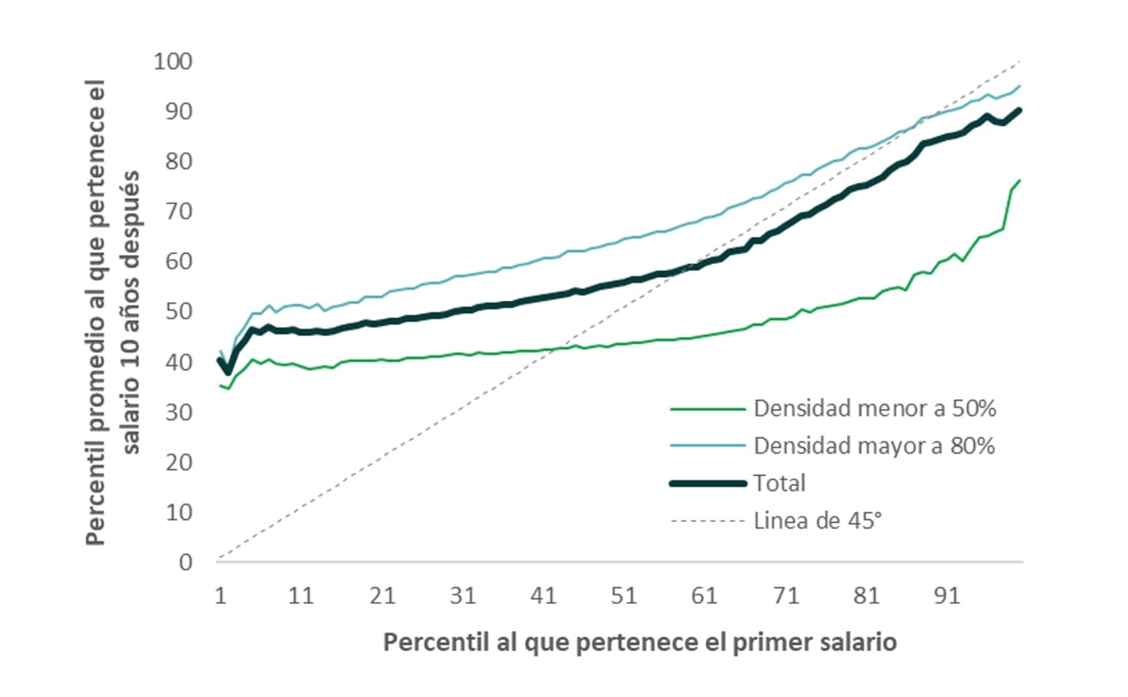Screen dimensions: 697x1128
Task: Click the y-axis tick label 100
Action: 173,61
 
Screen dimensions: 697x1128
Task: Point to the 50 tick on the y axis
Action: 178,312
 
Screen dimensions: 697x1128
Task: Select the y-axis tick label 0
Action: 186,563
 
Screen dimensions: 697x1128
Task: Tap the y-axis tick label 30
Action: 178,412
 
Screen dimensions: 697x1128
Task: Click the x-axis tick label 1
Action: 220,596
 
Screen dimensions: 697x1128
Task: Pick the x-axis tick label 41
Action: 543,596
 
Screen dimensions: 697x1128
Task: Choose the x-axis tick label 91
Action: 947,596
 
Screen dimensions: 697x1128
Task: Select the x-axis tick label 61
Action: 704,596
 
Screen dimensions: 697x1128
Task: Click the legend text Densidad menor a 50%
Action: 875,408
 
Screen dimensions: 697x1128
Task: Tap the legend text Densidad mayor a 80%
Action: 874,446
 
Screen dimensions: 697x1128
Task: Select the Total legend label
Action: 780,484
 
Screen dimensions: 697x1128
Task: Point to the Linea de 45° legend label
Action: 818,521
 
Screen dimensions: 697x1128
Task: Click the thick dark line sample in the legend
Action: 708,484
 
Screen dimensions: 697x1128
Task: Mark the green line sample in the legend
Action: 708,409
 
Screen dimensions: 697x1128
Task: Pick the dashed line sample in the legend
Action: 708,521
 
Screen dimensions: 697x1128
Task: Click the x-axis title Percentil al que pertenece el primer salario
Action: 640,642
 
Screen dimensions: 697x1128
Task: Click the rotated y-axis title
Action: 114,312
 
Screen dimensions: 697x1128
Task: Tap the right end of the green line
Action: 1020,180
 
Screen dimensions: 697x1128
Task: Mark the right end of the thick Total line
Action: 1020,110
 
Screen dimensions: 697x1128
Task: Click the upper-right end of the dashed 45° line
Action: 1020,61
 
